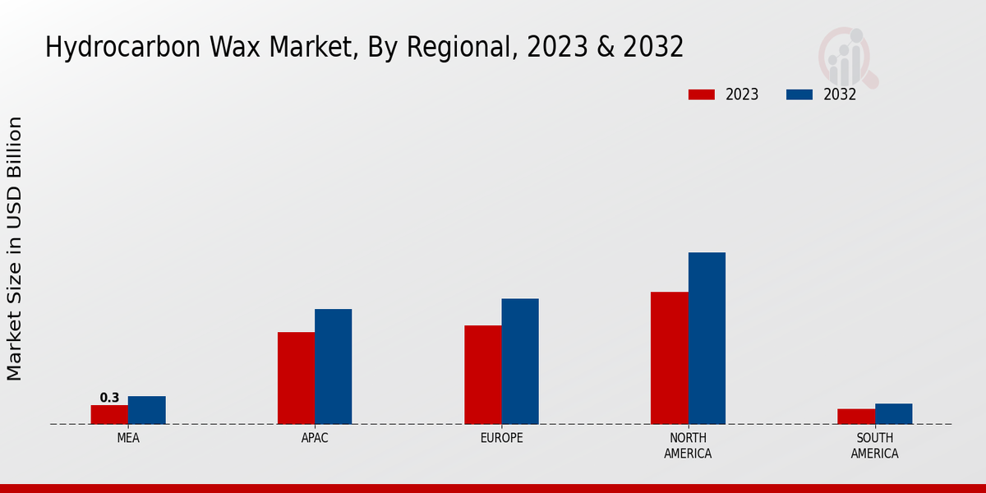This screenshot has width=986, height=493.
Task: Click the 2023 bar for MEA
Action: (x=109, y=414)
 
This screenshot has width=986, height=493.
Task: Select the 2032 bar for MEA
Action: (x=146, y=410)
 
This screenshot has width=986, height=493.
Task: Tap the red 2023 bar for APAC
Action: (x=296, y=378)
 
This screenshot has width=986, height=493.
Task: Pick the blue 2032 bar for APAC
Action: (x=333, y=366)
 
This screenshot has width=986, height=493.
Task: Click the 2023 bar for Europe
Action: (x=482, y=375)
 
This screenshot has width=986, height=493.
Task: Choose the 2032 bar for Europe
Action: (x=520, y=362)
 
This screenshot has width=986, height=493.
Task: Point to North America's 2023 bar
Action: (x=669, y=358)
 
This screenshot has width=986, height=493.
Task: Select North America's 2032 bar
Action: (x=707, y=339)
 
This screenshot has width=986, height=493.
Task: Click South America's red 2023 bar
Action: (x=855, y=417)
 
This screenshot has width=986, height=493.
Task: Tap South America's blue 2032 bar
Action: (x=893, y=413)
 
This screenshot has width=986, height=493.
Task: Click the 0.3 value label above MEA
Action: (x=109, y=398)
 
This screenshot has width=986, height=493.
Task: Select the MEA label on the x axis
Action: (x=128, y=438)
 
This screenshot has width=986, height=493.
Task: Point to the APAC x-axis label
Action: (x=315, y=438)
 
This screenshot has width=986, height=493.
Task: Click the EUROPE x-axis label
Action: (x=501, y=438)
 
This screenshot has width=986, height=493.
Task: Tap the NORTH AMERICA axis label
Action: (x=688, y=445)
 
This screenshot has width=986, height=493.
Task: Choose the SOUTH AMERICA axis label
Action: (x=874, y=445)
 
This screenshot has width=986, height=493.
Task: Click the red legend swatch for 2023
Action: (x=701, y=94)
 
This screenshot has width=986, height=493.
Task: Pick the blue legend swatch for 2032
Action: (x=799, y=94)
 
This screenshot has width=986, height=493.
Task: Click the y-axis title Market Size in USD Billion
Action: (x=15, y=248)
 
